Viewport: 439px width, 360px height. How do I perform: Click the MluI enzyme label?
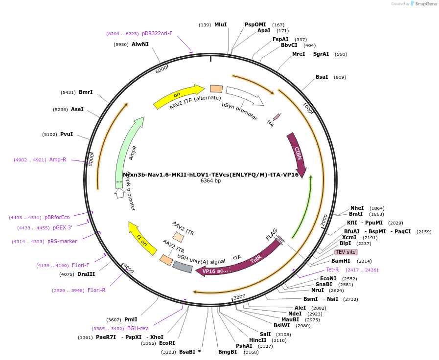pos(220,24)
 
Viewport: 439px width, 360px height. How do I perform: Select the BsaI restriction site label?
pos(322,77)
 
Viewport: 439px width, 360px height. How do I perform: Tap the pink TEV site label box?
pos(346,252)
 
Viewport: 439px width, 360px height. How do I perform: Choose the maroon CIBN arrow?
pos(297,154)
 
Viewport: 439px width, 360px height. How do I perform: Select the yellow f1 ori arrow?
pos(141,238)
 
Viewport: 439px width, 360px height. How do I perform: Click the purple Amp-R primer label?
pos(58,159)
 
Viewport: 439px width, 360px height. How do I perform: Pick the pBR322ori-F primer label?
pos(157,34)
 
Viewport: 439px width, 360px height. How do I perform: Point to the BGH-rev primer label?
pos(137,328)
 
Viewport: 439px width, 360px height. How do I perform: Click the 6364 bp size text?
pos(210,181)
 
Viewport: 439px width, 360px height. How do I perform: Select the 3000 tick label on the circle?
pos(239,297)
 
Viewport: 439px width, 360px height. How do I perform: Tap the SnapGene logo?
pos(423,4)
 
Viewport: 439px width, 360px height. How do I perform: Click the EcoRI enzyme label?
pos(167,343)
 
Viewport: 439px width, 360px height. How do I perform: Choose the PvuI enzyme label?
pos(66,134)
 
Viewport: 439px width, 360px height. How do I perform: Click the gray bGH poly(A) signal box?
pos(183,267)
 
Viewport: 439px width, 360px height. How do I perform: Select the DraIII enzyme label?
pos(86,274)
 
